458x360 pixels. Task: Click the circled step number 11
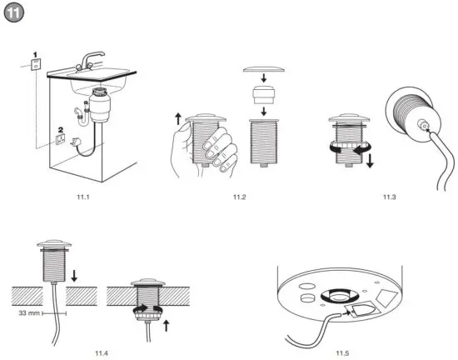coord(16,16)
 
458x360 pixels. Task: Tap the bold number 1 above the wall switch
coord(36,55)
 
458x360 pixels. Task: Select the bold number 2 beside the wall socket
coord(61,130)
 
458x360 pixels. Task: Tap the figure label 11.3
coord(390,197)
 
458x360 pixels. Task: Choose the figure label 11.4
coord(102,354)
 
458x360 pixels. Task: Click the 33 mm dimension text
coord(30,313)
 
